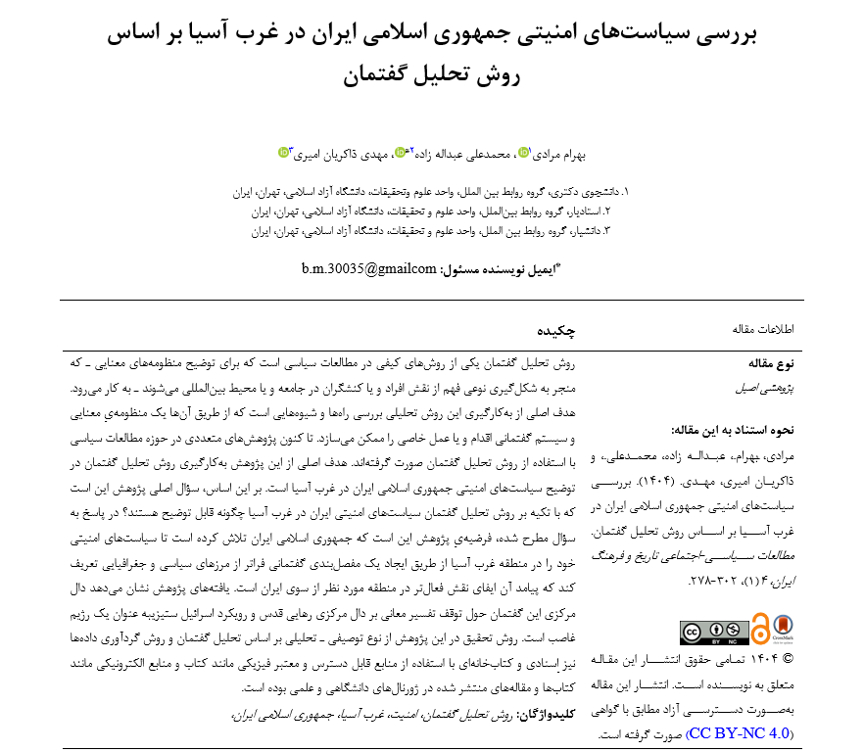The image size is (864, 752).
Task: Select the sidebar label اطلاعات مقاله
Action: tap(762, 330)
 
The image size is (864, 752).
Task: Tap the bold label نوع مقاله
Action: tap(770, 364)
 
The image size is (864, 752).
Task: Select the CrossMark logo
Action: tap(782, 628)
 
